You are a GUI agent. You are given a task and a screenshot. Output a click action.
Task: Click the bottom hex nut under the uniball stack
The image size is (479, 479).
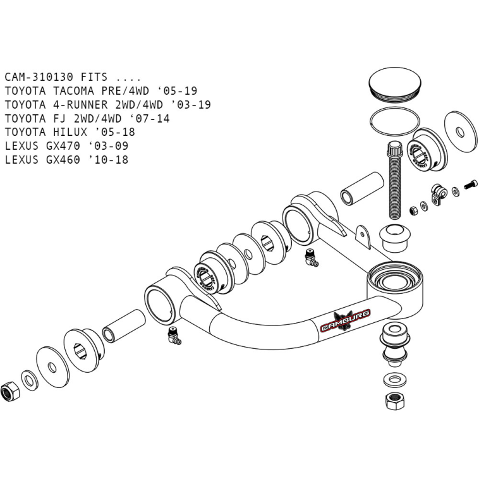[394, 400]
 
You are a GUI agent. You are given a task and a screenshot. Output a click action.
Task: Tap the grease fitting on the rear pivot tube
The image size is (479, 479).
[310, 255]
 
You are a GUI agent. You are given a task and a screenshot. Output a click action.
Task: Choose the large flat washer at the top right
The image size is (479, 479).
[459, 132]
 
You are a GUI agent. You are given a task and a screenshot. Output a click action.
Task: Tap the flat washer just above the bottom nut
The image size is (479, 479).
[394, 380]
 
